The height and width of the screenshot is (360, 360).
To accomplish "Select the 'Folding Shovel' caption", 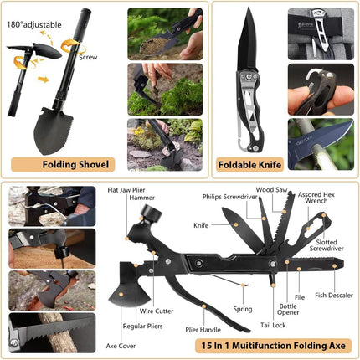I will click(67, 163).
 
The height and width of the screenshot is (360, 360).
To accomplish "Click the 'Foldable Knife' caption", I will click(249, 163).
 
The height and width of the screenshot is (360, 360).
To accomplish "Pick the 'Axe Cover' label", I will click(121, 344).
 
